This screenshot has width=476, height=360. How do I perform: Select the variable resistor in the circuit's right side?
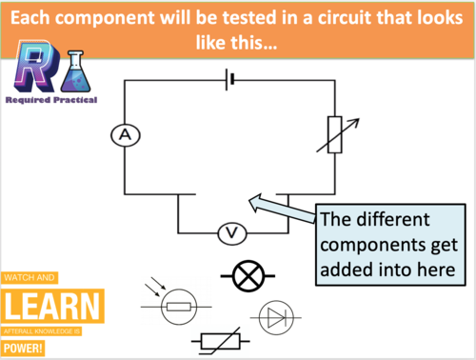[335, 134]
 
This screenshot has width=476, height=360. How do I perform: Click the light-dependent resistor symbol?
[175, 305]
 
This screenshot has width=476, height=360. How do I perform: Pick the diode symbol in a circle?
[277, 316]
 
